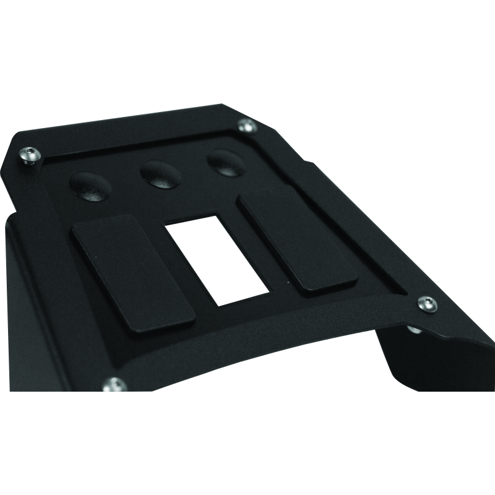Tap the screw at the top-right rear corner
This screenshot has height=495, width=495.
247,126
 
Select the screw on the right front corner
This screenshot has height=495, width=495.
426,303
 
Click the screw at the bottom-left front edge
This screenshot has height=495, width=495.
114,385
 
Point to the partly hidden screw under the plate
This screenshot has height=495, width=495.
413,330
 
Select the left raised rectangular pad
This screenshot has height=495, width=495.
133,272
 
